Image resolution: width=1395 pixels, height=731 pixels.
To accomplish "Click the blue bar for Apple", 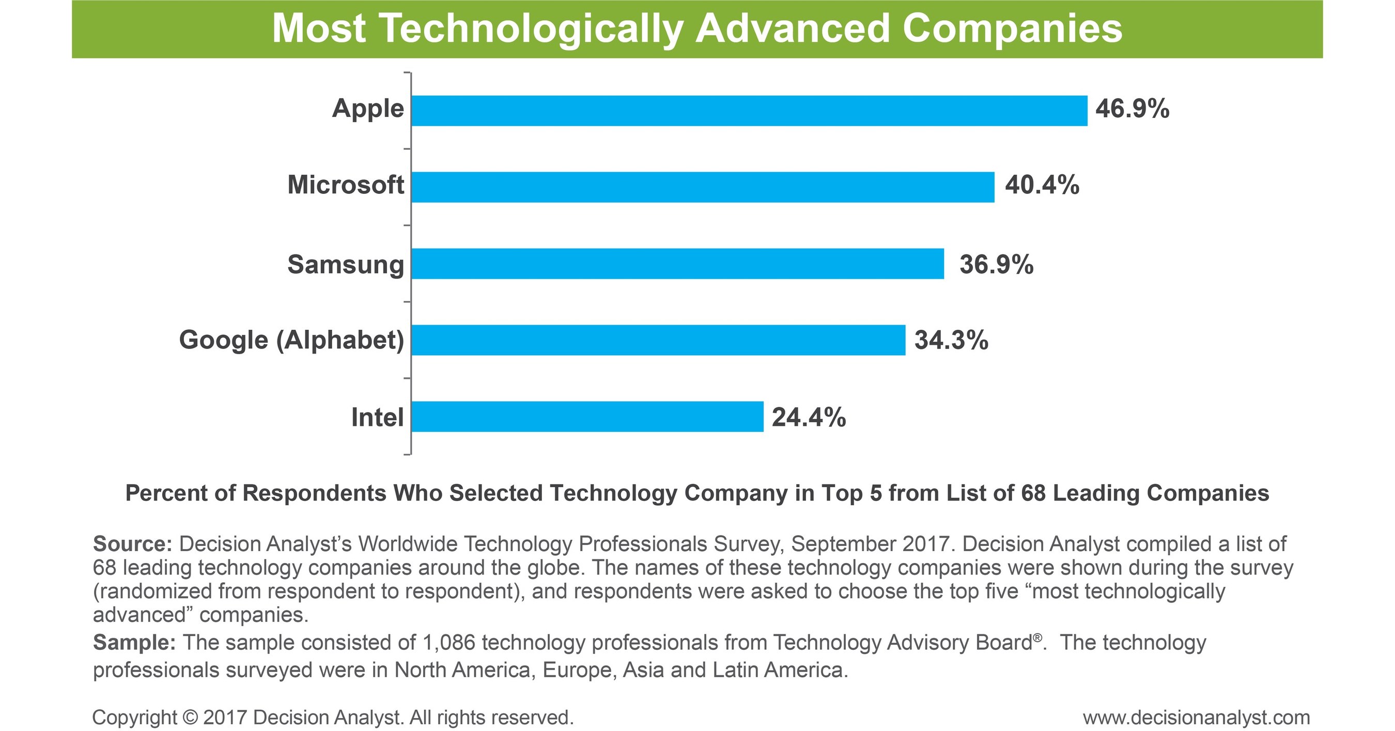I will click(x=749, y=111).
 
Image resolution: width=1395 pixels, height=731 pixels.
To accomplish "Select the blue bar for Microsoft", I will click(x=702, y=188).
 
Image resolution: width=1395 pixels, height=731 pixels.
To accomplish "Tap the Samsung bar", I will click(x=677, y=264).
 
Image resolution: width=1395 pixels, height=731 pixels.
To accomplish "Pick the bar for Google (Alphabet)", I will click(x=658, y=340).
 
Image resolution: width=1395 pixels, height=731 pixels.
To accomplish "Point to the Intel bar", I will click(x=587, y=417).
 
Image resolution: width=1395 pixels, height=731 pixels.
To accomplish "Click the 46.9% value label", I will click(x=1133, y=109).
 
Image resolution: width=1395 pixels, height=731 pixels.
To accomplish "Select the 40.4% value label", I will click(x=1042, y=185).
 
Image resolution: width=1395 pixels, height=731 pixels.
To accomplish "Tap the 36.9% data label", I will click(x=997, y=265).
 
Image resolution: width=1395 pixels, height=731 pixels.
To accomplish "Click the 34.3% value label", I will click(x=952, y=341).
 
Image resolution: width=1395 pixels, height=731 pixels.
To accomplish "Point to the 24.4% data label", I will click(x=809, y=418).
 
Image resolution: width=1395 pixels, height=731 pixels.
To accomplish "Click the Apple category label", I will click(x=368, y=109).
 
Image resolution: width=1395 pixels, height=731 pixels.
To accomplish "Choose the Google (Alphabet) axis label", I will click(x=291, y=341).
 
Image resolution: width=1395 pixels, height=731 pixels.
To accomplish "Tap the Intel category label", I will click(x=378, y=418).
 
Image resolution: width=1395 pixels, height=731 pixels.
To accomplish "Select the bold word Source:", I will click(x=132, y=543).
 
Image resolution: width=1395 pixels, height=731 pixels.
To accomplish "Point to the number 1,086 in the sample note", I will click(x=448, y=643).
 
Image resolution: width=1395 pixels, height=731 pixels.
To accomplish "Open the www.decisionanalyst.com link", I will click(x=1196, y=718).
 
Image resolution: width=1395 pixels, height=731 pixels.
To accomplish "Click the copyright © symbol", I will click(x=191, y=718).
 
